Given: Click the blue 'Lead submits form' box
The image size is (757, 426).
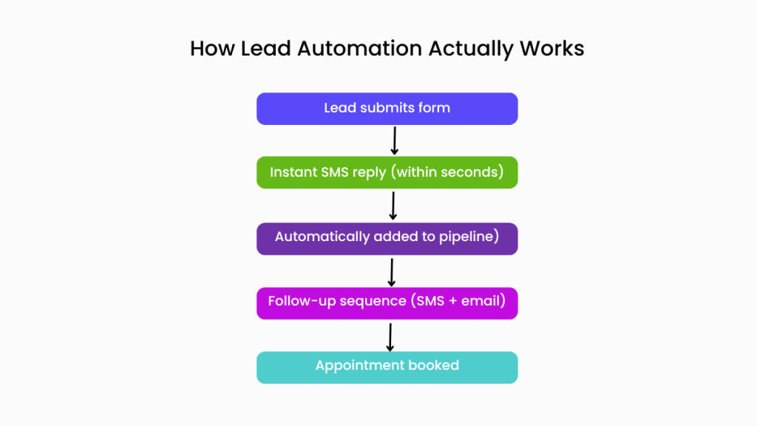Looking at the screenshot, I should pos(387,109).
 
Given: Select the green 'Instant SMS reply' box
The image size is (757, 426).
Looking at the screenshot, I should pos(387,172).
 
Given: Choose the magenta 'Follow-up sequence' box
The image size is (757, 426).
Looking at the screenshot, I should pos(387,302).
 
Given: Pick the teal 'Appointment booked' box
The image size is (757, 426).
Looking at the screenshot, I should pos(387,367).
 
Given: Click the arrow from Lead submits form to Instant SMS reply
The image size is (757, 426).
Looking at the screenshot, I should pos(394,141).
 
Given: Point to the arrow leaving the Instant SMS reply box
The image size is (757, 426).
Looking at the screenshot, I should pos(393,205).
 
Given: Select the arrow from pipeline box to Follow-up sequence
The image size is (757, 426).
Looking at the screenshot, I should pos(392,271).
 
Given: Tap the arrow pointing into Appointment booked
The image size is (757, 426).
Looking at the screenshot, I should pos(390,336).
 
